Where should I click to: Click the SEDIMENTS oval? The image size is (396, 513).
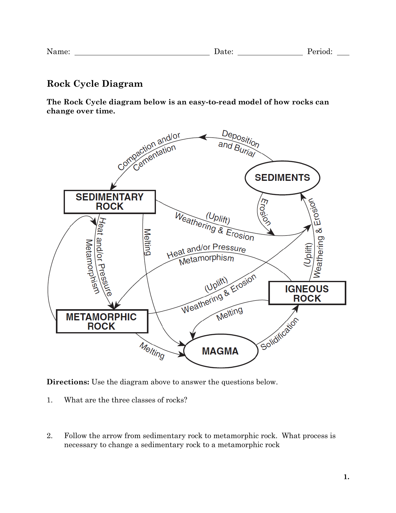[282, 178]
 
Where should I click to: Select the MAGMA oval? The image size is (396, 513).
[220, 351]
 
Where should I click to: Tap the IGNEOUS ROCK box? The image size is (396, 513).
[307, 293]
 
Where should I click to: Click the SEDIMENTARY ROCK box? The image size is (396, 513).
[110, 202]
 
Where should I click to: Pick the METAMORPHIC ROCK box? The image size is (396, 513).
[102, 321]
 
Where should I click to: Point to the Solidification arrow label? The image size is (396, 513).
[280, 334]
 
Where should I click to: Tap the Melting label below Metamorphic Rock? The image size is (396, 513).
[152, 351]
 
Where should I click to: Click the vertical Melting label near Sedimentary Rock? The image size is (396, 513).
[147, 242]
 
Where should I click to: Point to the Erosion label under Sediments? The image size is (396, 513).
[265, 212]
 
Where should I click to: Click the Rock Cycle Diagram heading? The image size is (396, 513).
[95, 84]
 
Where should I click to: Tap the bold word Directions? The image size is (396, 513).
[68, 382]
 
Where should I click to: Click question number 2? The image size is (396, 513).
[50, 436]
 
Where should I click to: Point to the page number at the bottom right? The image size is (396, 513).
[346, 477]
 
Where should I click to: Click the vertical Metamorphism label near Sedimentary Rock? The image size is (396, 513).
[92, 267]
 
